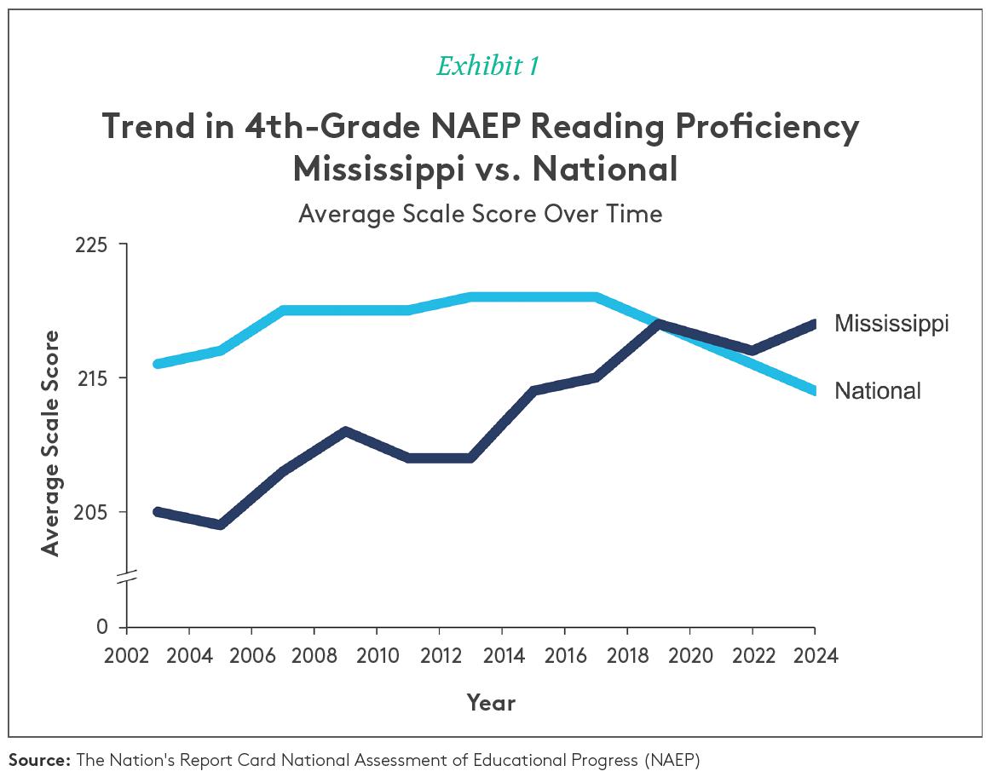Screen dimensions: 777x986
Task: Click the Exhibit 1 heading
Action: [x=487, y=66]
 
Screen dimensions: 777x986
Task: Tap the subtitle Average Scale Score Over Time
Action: [x=480, y=213]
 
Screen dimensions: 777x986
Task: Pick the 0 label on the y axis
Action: [x=102, y=628]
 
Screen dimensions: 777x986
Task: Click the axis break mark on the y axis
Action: [x=127, y=576]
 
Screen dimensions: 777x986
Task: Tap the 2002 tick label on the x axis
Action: [x=127, y=656]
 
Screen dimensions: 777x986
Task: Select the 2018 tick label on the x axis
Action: [x=627, y=656]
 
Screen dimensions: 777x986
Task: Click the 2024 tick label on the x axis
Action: [x=815, y=656]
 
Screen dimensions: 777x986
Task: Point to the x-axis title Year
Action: [x=491, y=703]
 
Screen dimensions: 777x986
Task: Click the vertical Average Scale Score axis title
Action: [x=51, y=443]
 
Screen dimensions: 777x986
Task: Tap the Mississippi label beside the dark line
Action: [x=891, y=324]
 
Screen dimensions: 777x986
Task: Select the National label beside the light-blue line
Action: [x=877, y=391]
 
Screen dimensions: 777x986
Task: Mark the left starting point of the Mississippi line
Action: [x=158, y=511]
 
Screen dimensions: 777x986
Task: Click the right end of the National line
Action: [x=814, y=391]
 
